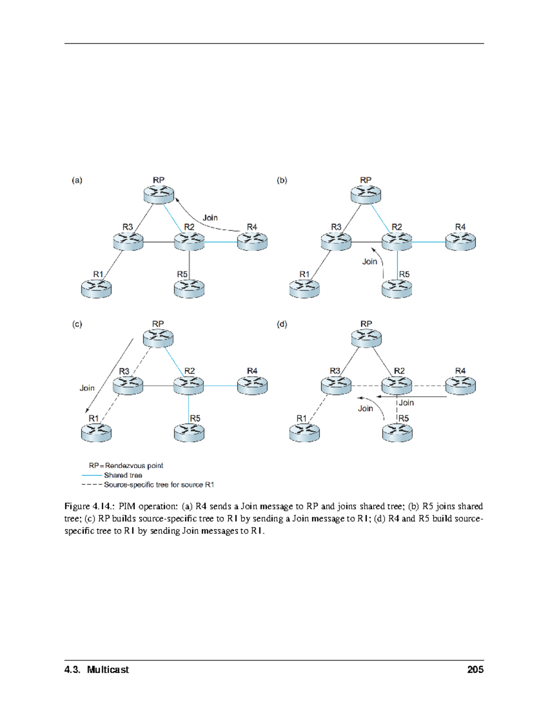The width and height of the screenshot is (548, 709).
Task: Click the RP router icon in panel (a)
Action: (158, 194)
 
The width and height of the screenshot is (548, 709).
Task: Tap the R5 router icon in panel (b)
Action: (397, 289)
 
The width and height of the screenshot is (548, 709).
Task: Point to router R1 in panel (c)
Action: (96, 432)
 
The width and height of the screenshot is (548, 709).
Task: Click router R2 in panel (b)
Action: (397, 241)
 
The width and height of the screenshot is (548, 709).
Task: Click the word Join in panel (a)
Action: (210, 218)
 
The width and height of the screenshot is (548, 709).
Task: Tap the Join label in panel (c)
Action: (87, 388)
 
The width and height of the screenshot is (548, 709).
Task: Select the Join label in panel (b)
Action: (369, 262)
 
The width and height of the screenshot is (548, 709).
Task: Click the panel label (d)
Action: (282, 324)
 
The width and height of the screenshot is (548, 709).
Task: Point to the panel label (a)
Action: (77, 180)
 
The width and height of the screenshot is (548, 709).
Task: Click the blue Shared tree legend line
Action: (92, 475)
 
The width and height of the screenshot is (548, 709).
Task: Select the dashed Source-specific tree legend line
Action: (92, 485)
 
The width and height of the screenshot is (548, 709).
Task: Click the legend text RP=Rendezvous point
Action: (126, 466)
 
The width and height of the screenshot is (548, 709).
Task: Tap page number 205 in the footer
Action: (475, 670)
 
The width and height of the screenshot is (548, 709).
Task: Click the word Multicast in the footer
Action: (108, 670)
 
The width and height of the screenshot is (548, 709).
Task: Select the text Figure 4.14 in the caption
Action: (89, 506)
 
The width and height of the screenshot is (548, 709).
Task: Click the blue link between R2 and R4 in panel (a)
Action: (221, 242)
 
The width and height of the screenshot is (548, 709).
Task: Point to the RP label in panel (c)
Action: (158, 324)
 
